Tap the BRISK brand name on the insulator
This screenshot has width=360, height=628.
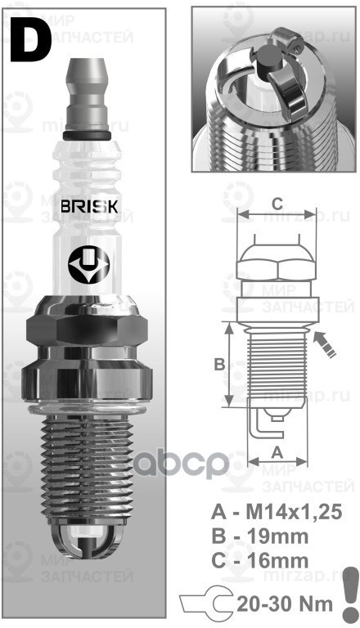91,207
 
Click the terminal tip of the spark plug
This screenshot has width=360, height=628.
90,57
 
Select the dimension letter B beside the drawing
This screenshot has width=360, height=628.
219,365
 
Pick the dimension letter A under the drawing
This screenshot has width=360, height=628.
277,452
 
